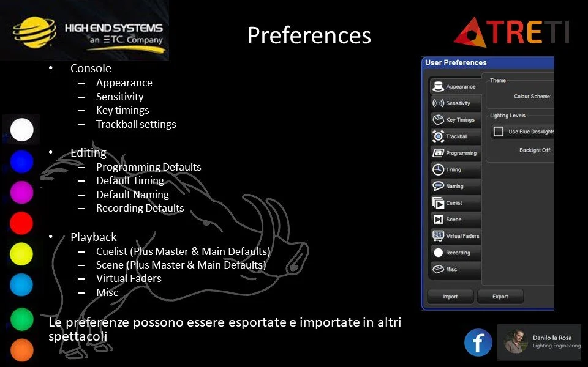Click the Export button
(500, 297)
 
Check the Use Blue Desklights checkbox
(499, 132)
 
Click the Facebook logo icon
(478, 343)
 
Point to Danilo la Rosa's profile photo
(516, 342)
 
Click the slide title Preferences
(309, 35)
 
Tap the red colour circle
(21, 223)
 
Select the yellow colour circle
(21, 254)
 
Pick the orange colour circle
(21, 350)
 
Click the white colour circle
(21, 130)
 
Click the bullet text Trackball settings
(135, 124)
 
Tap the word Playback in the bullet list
(93, 237)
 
